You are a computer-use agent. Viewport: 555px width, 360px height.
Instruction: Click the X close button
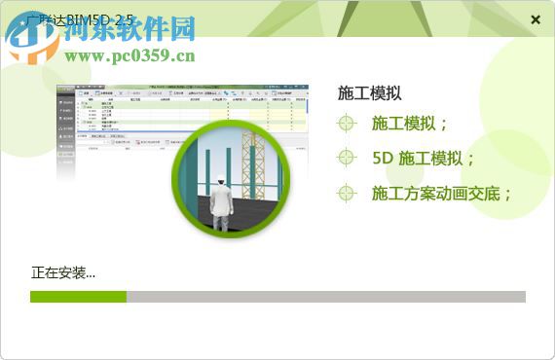pyautogui.click(x=536, y=19)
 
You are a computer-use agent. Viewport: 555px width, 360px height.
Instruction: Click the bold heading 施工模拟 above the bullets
pyautogui.click(x=369, y=93)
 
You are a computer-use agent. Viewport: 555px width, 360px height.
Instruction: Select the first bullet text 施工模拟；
pyautogui.click(x=410, y=124)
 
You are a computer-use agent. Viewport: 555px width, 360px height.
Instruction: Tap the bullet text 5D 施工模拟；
pyautogui.click(x=424, y=158)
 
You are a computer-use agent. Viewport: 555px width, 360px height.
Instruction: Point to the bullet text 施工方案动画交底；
pyautogui.click(x=442, y=193)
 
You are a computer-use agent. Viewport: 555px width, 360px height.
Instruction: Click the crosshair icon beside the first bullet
pyautogui.click(x=347, y=124)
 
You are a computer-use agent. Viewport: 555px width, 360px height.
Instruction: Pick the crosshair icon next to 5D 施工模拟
pyautogui.click(x=347, y=158)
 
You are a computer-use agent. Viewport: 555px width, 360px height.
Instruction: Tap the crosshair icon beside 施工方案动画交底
pyautogui.click(x=347, y=193)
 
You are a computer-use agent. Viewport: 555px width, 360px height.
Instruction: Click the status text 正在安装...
pyautogui.click(x=62, y=272)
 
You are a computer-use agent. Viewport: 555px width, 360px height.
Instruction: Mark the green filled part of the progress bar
pyautogui.click(x=78, y=297)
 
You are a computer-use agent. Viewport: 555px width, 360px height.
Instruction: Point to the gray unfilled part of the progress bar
pyautogui.click(x=326, y=297)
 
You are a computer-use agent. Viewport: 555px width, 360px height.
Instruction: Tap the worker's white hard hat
pyautogui.click(x=221, y=180)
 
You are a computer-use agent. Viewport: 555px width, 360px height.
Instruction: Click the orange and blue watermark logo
pyautogui.click(x=33, y=37)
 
